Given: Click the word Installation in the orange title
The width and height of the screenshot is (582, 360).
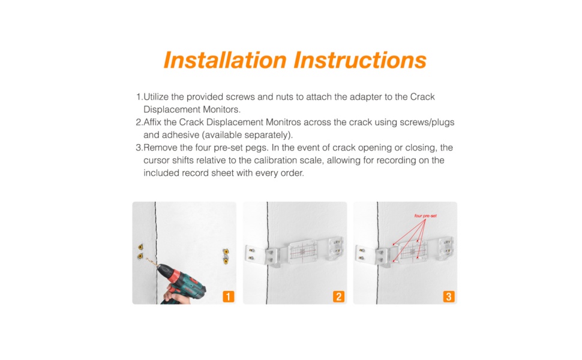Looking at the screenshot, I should click(225, 60).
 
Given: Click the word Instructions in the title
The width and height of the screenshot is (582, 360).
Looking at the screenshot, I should click(360, 60).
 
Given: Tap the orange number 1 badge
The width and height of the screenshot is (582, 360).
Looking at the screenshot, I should click(228, 296).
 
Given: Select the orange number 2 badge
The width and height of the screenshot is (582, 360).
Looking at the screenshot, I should click(338, 296).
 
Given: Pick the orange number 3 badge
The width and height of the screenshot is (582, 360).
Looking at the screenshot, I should click(449, 296).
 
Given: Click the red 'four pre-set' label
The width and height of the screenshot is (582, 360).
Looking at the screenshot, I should click(425, 215).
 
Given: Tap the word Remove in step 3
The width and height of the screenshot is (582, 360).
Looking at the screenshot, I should click(160, 148).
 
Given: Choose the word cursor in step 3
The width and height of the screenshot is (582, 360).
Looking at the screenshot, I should click(157, 160).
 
